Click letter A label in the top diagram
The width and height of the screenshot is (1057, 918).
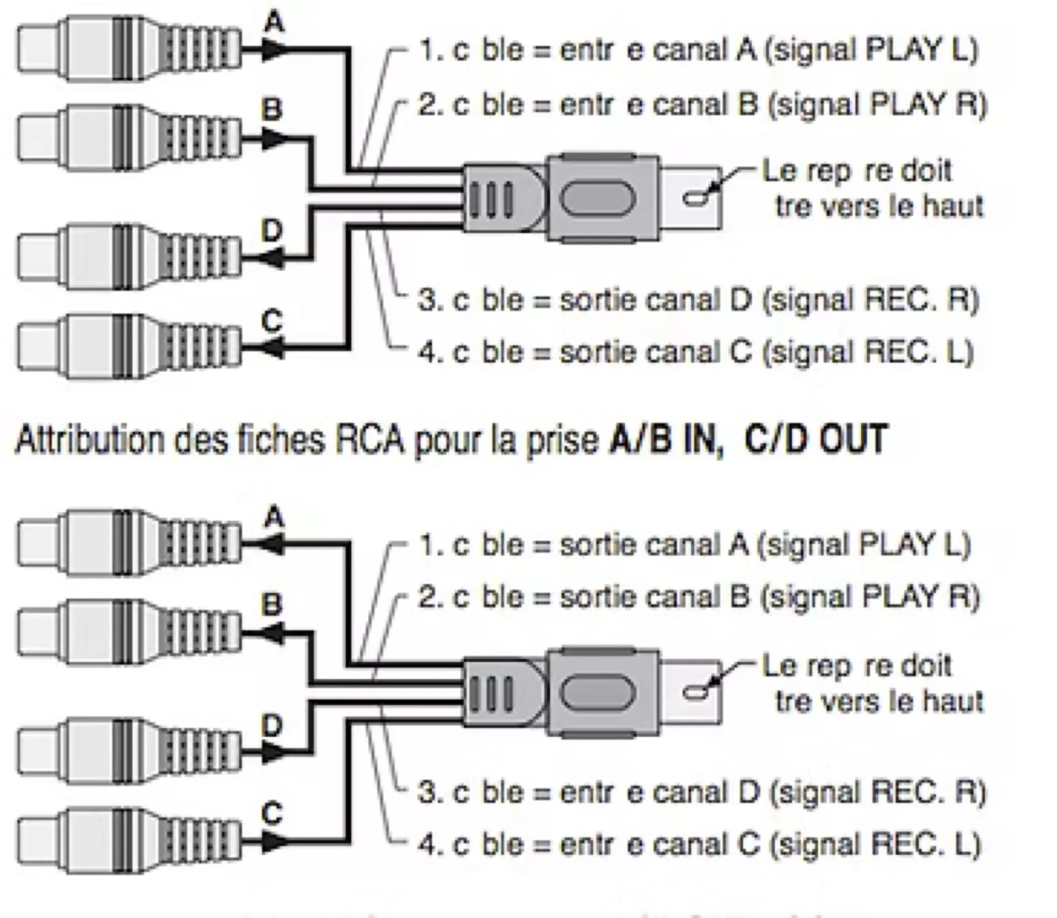274,24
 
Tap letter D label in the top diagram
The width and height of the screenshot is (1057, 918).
271,230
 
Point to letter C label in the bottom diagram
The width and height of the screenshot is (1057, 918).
272,813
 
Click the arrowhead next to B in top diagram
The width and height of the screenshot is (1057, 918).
273,139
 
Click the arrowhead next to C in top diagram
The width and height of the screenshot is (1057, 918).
273,348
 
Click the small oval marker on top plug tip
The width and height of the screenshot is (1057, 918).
695,198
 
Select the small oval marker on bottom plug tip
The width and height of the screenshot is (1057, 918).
695,692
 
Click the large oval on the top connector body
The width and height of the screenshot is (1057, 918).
597,198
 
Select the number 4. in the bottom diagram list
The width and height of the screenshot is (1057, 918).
430,845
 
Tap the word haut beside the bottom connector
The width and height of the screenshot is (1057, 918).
952,702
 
